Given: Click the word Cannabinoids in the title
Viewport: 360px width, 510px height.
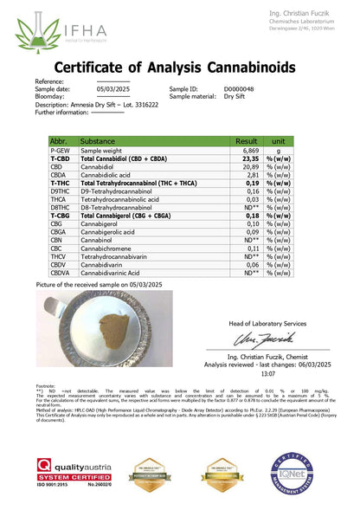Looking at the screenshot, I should coord(260,68).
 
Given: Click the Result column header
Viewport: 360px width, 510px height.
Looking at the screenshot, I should coord(247,140).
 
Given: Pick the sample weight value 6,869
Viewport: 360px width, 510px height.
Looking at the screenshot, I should coord(250,150).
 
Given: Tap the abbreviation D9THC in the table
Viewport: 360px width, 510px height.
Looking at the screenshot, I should coord(61,191).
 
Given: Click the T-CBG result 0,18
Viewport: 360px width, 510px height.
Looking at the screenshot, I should coord(252,216).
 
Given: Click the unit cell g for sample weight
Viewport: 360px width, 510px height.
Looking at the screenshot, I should coord(279,150).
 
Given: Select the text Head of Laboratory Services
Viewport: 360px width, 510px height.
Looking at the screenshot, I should coord(268,323).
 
